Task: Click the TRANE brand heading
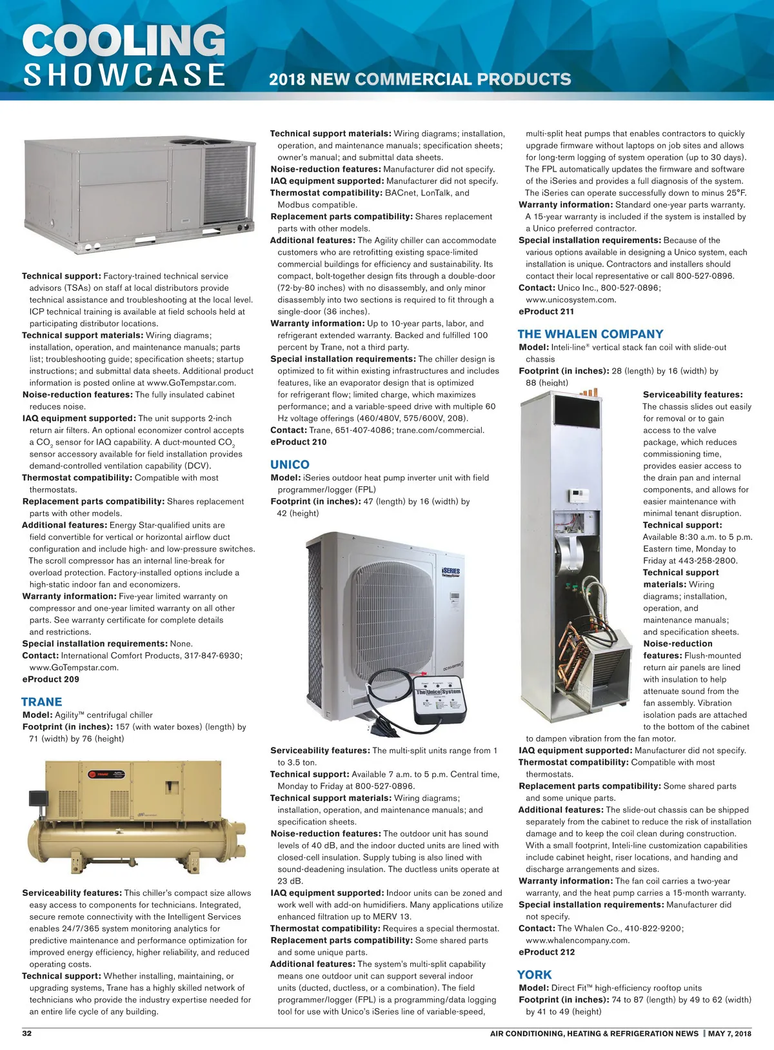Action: [42, 702]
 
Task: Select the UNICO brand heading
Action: [290, 464]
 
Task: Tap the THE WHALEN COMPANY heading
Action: [590, 334]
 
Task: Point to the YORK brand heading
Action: [534, 975]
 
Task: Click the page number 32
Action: [27, 1033]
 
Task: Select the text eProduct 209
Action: [51, 679]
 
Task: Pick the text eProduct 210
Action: [299, 442]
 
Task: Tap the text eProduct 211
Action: [546, 312]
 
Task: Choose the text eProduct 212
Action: [546, 952]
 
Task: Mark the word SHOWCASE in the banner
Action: [124, 75]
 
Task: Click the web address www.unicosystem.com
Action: [571, 299]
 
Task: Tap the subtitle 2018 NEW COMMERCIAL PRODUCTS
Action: [420, 79]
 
